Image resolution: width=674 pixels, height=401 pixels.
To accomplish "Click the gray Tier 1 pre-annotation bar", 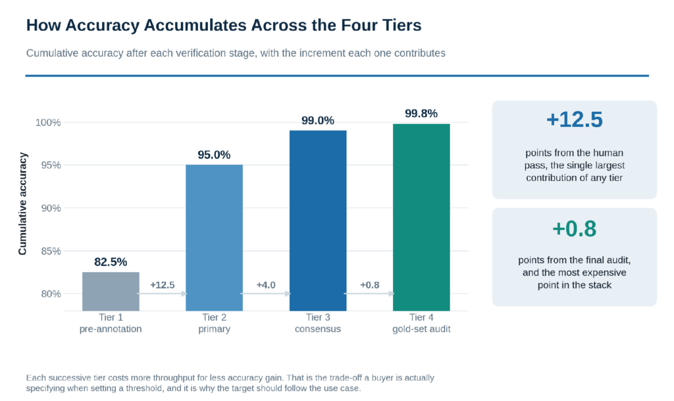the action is pyautogui.click(x=111, y=292).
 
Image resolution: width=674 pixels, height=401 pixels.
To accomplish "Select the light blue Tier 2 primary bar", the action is pyautogui.click(x=214, y=238).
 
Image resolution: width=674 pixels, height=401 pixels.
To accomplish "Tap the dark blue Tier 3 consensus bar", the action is pyautogui.click(x=318, y=221).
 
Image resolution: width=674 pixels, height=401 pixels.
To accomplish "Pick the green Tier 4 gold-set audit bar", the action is pyautogui.click(x=421, y=217).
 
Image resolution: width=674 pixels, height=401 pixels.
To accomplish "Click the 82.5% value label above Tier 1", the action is pyautogui.click(x=111, y=262).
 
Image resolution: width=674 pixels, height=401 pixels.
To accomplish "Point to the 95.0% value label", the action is pyautogui.click(x=214, y=155).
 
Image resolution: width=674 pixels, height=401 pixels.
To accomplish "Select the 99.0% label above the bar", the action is pyautogui.click(x=318, y=120).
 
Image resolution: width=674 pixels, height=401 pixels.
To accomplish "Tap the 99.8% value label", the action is pyautogui.click(x=421, y=113).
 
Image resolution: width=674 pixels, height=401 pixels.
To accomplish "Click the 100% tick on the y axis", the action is pyautogui.click(x=48, y=122).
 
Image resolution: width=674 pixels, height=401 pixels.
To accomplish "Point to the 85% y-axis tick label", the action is pyautogui.click(x=51, y=251).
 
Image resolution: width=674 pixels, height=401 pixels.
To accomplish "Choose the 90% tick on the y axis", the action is pyautogui.click(x=51, y=208).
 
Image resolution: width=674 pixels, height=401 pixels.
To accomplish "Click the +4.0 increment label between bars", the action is pyautogui.click(x=266, y=285).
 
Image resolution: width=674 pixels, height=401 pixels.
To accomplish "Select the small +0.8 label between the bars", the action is pyautogui.click(x=370, y=285).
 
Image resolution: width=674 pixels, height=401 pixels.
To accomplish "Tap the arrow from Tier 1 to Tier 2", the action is pyautogui.click(x=163, y=294).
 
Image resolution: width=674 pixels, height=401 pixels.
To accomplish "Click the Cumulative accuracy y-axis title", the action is pyautogui.click(x=22, y=203).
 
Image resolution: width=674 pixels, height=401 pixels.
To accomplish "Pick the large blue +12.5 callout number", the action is pyautogui.click(x=574, y=119).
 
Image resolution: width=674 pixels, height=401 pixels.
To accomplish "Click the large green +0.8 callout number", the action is pyautogui.click(x=574, y=228).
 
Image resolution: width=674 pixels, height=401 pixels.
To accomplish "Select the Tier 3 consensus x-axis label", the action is pyautogui.click(x=318, y=323).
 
